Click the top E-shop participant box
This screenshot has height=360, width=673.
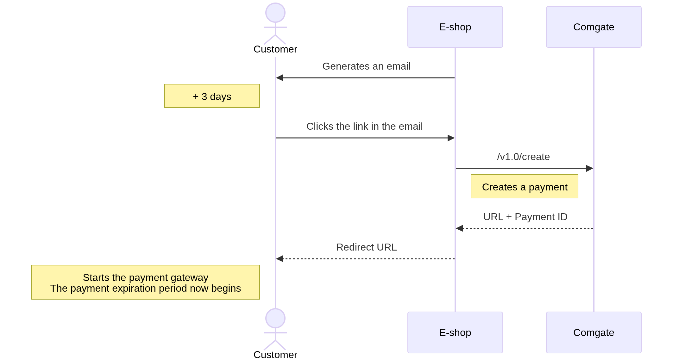coord(455,27)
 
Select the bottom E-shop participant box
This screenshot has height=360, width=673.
coord(455,332)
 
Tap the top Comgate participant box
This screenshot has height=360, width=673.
coord(594,27)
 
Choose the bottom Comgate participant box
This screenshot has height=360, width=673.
coord(594,332)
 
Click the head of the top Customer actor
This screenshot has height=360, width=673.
coord(275,13)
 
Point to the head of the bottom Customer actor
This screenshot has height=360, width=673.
coord(275,318)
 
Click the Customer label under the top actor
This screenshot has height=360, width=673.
coord(275,49)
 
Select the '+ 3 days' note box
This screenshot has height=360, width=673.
coord(212,96)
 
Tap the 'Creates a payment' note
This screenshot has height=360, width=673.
coord(524,187)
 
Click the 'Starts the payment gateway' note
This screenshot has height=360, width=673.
coord(145,278)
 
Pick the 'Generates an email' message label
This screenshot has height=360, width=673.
coord(366,66)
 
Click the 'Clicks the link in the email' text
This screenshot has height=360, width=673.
coord(364,127)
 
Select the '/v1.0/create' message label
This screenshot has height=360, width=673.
coord(523,157)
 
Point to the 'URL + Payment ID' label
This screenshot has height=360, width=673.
coord(525,217)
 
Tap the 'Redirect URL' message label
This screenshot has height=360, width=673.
coord(366,247)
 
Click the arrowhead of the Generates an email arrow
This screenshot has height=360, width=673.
coord(280,78)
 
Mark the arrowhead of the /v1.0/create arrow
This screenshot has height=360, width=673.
coord(589,168)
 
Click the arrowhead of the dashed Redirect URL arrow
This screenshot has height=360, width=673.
coord(280,259)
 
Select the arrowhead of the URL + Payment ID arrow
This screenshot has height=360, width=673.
coord(459,228)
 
